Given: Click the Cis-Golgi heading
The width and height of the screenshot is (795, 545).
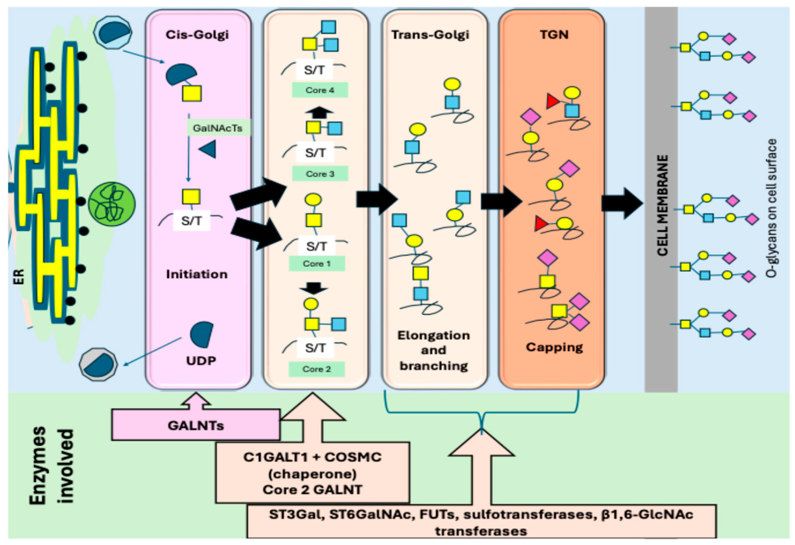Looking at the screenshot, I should [197, 35].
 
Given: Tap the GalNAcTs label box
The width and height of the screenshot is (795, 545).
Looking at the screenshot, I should [218, 128].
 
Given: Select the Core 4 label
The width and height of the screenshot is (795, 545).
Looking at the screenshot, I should [320, 90].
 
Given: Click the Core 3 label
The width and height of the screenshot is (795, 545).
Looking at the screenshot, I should [320, 174].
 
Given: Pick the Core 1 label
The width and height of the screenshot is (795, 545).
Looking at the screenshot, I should [317, 264].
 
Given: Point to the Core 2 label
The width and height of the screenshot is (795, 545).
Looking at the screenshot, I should [316, 369].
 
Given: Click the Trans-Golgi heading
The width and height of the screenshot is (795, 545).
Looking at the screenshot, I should [430, 35].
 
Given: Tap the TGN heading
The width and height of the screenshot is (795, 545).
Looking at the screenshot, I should [554, 35].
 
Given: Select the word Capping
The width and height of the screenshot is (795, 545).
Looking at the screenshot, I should [554, 347].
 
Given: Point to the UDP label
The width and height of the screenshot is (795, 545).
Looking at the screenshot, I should [201, 361].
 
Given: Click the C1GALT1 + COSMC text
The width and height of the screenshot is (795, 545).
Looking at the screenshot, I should [312, 457].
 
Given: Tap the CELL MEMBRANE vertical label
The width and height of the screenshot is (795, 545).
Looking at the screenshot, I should [662, 205].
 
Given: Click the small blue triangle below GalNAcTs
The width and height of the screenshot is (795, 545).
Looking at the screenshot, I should [208, 149].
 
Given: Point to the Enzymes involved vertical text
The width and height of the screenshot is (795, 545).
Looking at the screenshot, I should [51, 465].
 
